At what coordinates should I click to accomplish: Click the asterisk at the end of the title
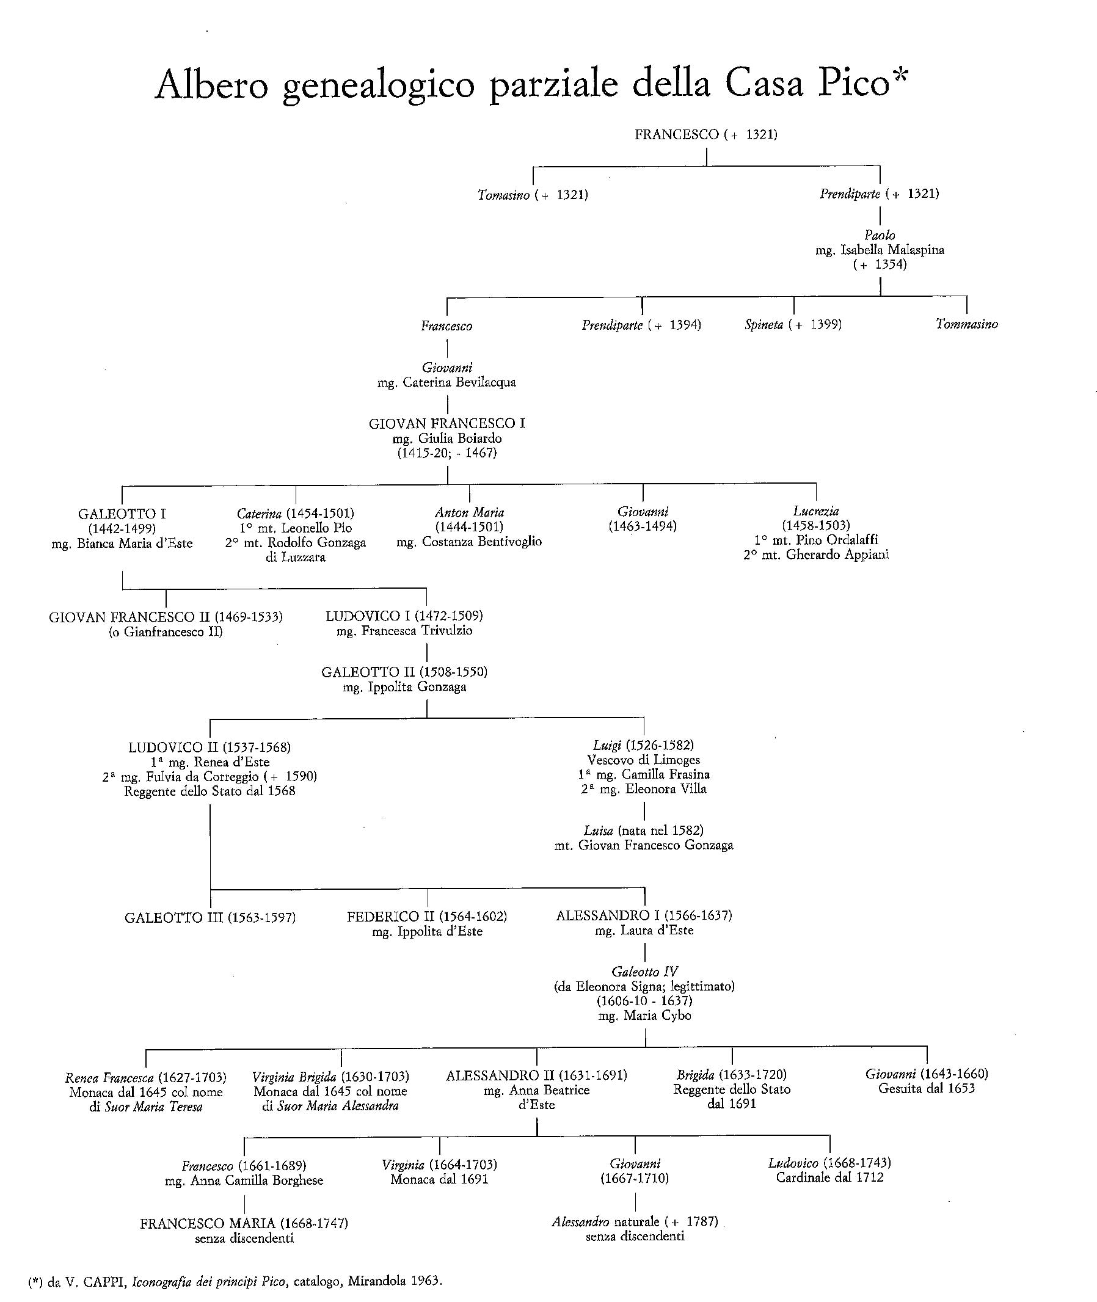(900, 76)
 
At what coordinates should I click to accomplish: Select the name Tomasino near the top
(504, 195)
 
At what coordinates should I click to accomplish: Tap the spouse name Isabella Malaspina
(892, 250)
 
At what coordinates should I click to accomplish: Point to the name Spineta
(764, 324)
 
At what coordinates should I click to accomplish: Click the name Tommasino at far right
(966, 324)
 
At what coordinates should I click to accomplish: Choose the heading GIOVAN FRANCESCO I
(446, 423)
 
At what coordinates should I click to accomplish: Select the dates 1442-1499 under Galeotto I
(122, 528)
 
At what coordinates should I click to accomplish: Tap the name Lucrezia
(816, 511)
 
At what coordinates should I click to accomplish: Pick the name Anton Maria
(470, 512)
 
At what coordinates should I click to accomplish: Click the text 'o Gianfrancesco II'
(166, 631)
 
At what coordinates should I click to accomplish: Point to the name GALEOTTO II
(368, 672)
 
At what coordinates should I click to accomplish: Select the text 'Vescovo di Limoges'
(644, 760)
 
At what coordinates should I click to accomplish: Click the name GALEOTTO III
(173, 918)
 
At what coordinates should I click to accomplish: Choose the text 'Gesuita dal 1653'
(927, 1088)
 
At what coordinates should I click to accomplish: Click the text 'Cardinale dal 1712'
(829, 1177)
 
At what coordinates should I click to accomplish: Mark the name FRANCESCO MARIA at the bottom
(208, 1224)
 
